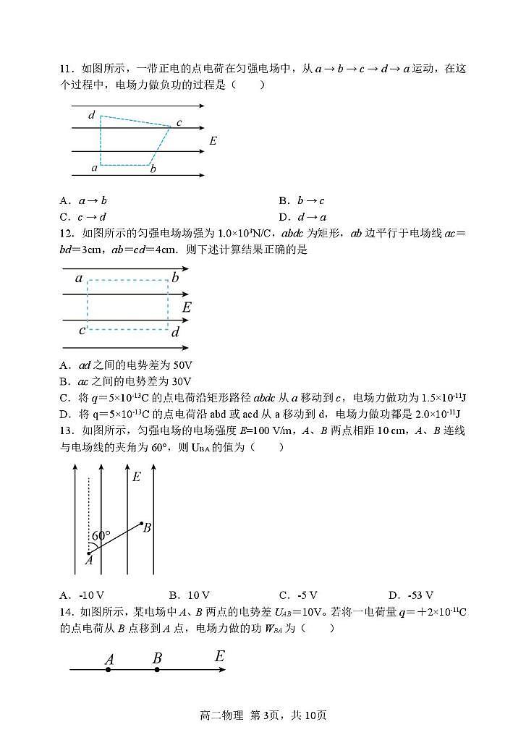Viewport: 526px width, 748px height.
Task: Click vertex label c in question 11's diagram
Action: [x=179, y=122]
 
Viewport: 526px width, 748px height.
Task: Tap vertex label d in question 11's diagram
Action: [x=91, y=115]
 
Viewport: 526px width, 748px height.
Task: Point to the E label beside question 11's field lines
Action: [x=213, y=140]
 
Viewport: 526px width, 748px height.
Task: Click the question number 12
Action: [x=67, y=233]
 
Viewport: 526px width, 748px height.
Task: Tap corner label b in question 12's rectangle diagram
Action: [x=175, y=278]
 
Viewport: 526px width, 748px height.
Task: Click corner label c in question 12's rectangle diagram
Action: [x=82, y=331]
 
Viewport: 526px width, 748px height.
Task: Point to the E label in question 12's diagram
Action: [x=187, y=307]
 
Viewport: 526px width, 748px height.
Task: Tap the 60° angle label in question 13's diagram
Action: [x=101, y=536]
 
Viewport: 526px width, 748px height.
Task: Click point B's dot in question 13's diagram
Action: [x=140, y=523]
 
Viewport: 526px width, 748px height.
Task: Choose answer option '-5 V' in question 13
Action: [x=307, y=595]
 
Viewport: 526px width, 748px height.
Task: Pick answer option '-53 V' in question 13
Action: [x=420, y=595]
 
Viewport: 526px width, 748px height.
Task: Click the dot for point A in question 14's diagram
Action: [x=108, y=670]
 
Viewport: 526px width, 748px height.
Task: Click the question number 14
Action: [x=67, y=612]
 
